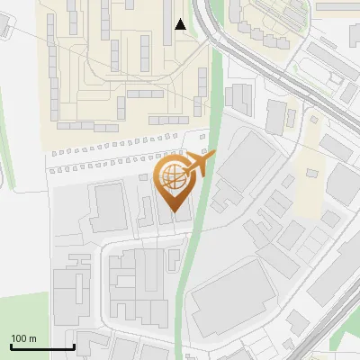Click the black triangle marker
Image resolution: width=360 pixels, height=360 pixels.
point(181,24)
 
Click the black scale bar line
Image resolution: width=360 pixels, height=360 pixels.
point(41,347)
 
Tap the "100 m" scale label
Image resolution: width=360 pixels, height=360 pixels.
point(23,338)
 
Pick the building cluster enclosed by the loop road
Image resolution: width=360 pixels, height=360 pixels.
point(144,288)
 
